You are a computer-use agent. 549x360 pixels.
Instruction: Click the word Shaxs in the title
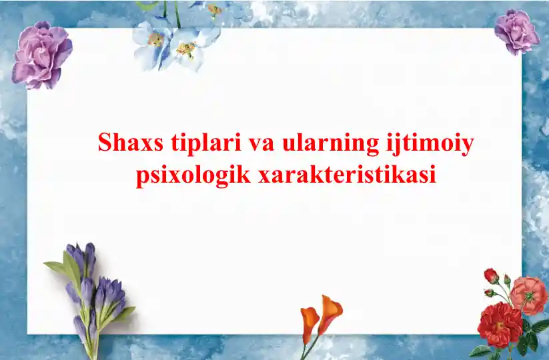pyautogui.click(x=131, y=143)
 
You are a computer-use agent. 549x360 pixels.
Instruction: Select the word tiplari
pyautogui.click(x=207, y=144)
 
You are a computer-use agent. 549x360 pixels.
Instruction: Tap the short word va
pyautogui.click(x=262, y=145)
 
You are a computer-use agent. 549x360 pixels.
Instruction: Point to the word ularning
pyautogui.click(x=330, y=144)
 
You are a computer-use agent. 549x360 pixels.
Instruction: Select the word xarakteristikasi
pyautogui.click(x=347, y=174)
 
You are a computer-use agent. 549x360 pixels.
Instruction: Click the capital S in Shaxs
pyautogui.click(x=105, y=143)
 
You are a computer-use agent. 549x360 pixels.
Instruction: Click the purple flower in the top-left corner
pyautogui.click(x=41, y=55)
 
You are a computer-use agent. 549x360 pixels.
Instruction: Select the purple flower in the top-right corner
pyautogui.click(x=516, y=31)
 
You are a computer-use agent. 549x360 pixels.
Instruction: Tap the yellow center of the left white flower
pyautogui.click(x=156, y=39)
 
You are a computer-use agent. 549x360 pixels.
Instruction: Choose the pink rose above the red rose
pyautogui.click(x=529, y=295)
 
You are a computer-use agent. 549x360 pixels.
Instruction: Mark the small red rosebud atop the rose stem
pyautogui.click(x=491, y=275)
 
